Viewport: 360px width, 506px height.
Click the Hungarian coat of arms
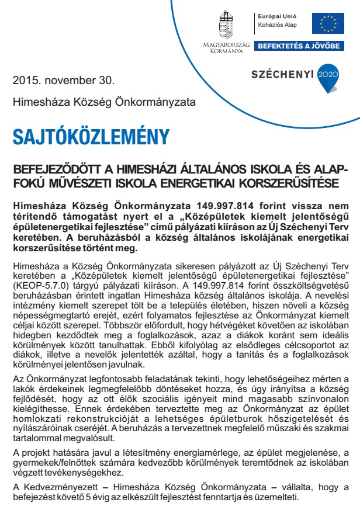(226, 25)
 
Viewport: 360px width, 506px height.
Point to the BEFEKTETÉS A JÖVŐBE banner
(299, 46)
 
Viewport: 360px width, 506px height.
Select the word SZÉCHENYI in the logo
(282, 75)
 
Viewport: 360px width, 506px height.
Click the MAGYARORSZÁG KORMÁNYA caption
(226, 48)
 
